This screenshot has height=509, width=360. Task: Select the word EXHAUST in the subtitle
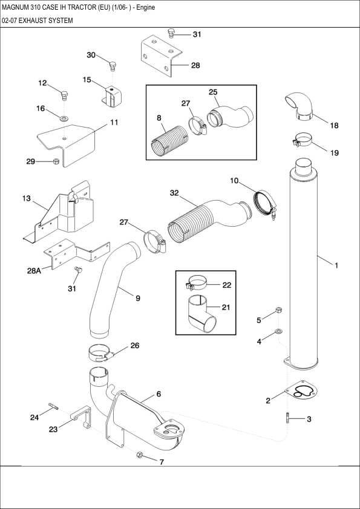[x=35, y=21]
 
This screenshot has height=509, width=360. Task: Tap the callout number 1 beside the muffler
[x=336, y=265]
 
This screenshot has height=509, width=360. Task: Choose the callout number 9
[x=137, y=298]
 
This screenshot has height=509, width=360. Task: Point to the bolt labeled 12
[x=65, y=95]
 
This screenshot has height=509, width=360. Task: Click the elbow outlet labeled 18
[x=299, y=105]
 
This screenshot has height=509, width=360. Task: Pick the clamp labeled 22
[x=196, y=282]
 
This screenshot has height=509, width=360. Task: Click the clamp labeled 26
[x=101, y=352]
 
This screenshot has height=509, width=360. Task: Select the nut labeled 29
[x=56, y=161]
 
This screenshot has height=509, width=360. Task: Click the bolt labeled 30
[x=113, y=65]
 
